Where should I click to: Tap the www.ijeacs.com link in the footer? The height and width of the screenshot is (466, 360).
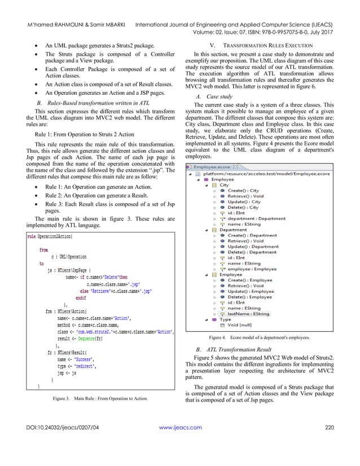[x=181, y=444]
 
